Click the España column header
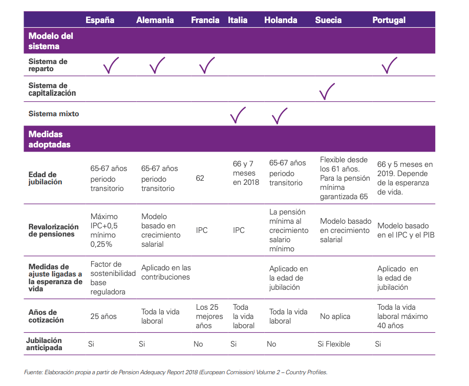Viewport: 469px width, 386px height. [x=100, y=20]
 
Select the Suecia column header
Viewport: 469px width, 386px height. [x=328, y=20]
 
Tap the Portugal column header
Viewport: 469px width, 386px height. [x=389, y=20]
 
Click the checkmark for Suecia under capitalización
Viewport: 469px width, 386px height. [x=326, y=91]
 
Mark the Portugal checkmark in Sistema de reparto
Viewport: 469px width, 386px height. [x=389, y=65]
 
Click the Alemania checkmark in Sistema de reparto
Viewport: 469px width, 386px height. [x=157, y=65]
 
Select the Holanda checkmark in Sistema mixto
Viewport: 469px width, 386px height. [x=279, y=116]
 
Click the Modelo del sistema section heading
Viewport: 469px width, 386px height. [x=51, y=41]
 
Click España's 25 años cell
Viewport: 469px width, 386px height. [x=103, y=316]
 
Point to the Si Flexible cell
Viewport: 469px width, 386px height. [x=334, y=344]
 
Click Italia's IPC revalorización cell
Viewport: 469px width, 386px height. [x=239, y=230]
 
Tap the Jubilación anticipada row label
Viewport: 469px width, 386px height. [x=44, y=344]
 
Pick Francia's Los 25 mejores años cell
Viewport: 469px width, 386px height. [x=209, y=316]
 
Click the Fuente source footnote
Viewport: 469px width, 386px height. [x=175, y=372]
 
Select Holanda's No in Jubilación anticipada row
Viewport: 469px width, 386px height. [x=271, y=344]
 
